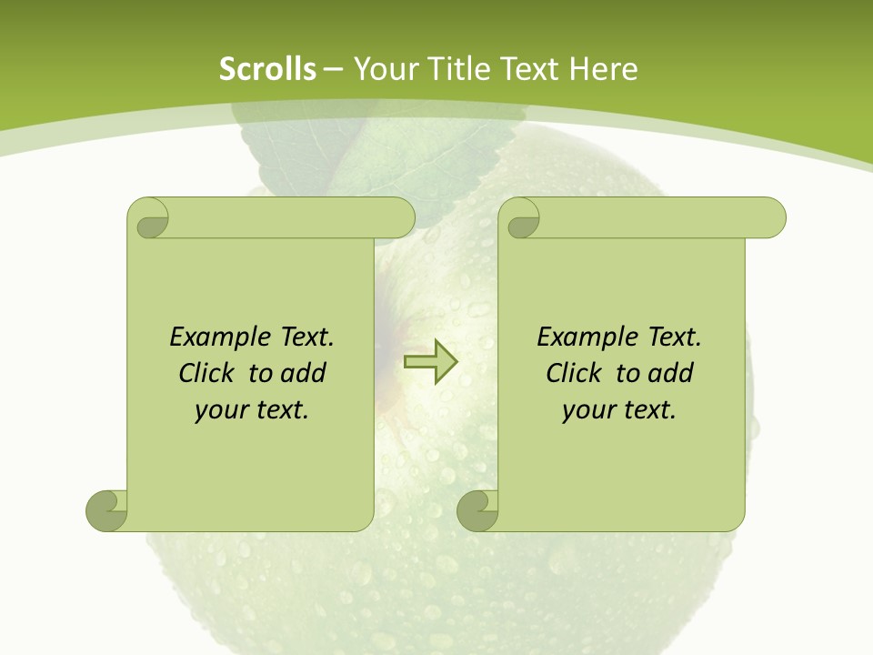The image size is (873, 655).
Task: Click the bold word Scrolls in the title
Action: pyautogui.click(x=268, y=69)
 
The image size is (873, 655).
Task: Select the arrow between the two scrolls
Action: pyautogui.click(x=430, y=361)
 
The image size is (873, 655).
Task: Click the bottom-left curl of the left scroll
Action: pyautogui.click(x=106, y=509)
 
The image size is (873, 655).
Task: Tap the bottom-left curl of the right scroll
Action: pyautogui.click(x=477, y=509)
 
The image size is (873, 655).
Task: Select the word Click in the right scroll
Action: pyautogui.click(x=573, y=373)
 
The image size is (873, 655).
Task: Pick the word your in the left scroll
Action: pyautogui.click(x=218, y=410)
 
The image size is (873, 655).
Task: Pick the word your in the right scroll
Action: pyautogui.click(x=586, y=410)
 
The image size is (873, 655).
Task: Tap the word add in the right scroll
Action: pyautogui.click(x=672, y=373)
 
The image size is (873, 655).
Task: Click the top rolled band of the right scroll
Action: pyautogui.click(x=655, y=217)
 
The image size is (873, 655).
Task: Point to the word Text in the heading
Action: pyautogui.click(x=528, y=69)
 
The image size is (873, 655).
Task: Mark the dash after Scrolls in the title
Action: pyautogui.click(x=333, y=69)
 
